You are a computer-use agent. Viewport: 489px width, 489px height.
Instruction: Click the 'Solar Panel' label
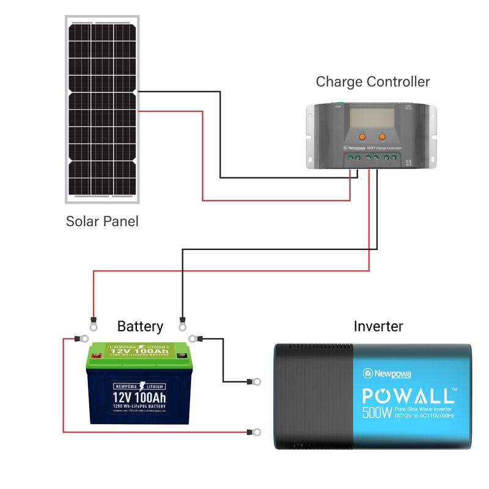tap(102, 221)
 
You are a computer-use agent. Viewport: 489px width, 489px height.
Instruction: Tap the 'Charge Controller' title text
tap(372, 82)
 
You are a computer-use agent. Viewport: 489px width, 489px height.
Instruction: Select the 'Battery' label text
tap(140, 326)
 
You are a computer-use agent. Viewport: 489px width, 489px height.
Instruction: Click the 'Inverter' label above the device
tap(378, 326)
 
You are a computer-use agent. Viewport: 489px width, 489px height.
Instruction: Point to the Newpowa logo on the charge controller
tap(345, 147)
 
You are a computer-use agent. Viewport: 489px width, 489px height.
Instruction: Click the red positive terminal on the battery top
tap(98, 353)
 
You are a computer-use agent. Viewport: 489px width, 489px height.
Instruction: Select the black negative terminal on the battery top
tap(182, 354)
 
